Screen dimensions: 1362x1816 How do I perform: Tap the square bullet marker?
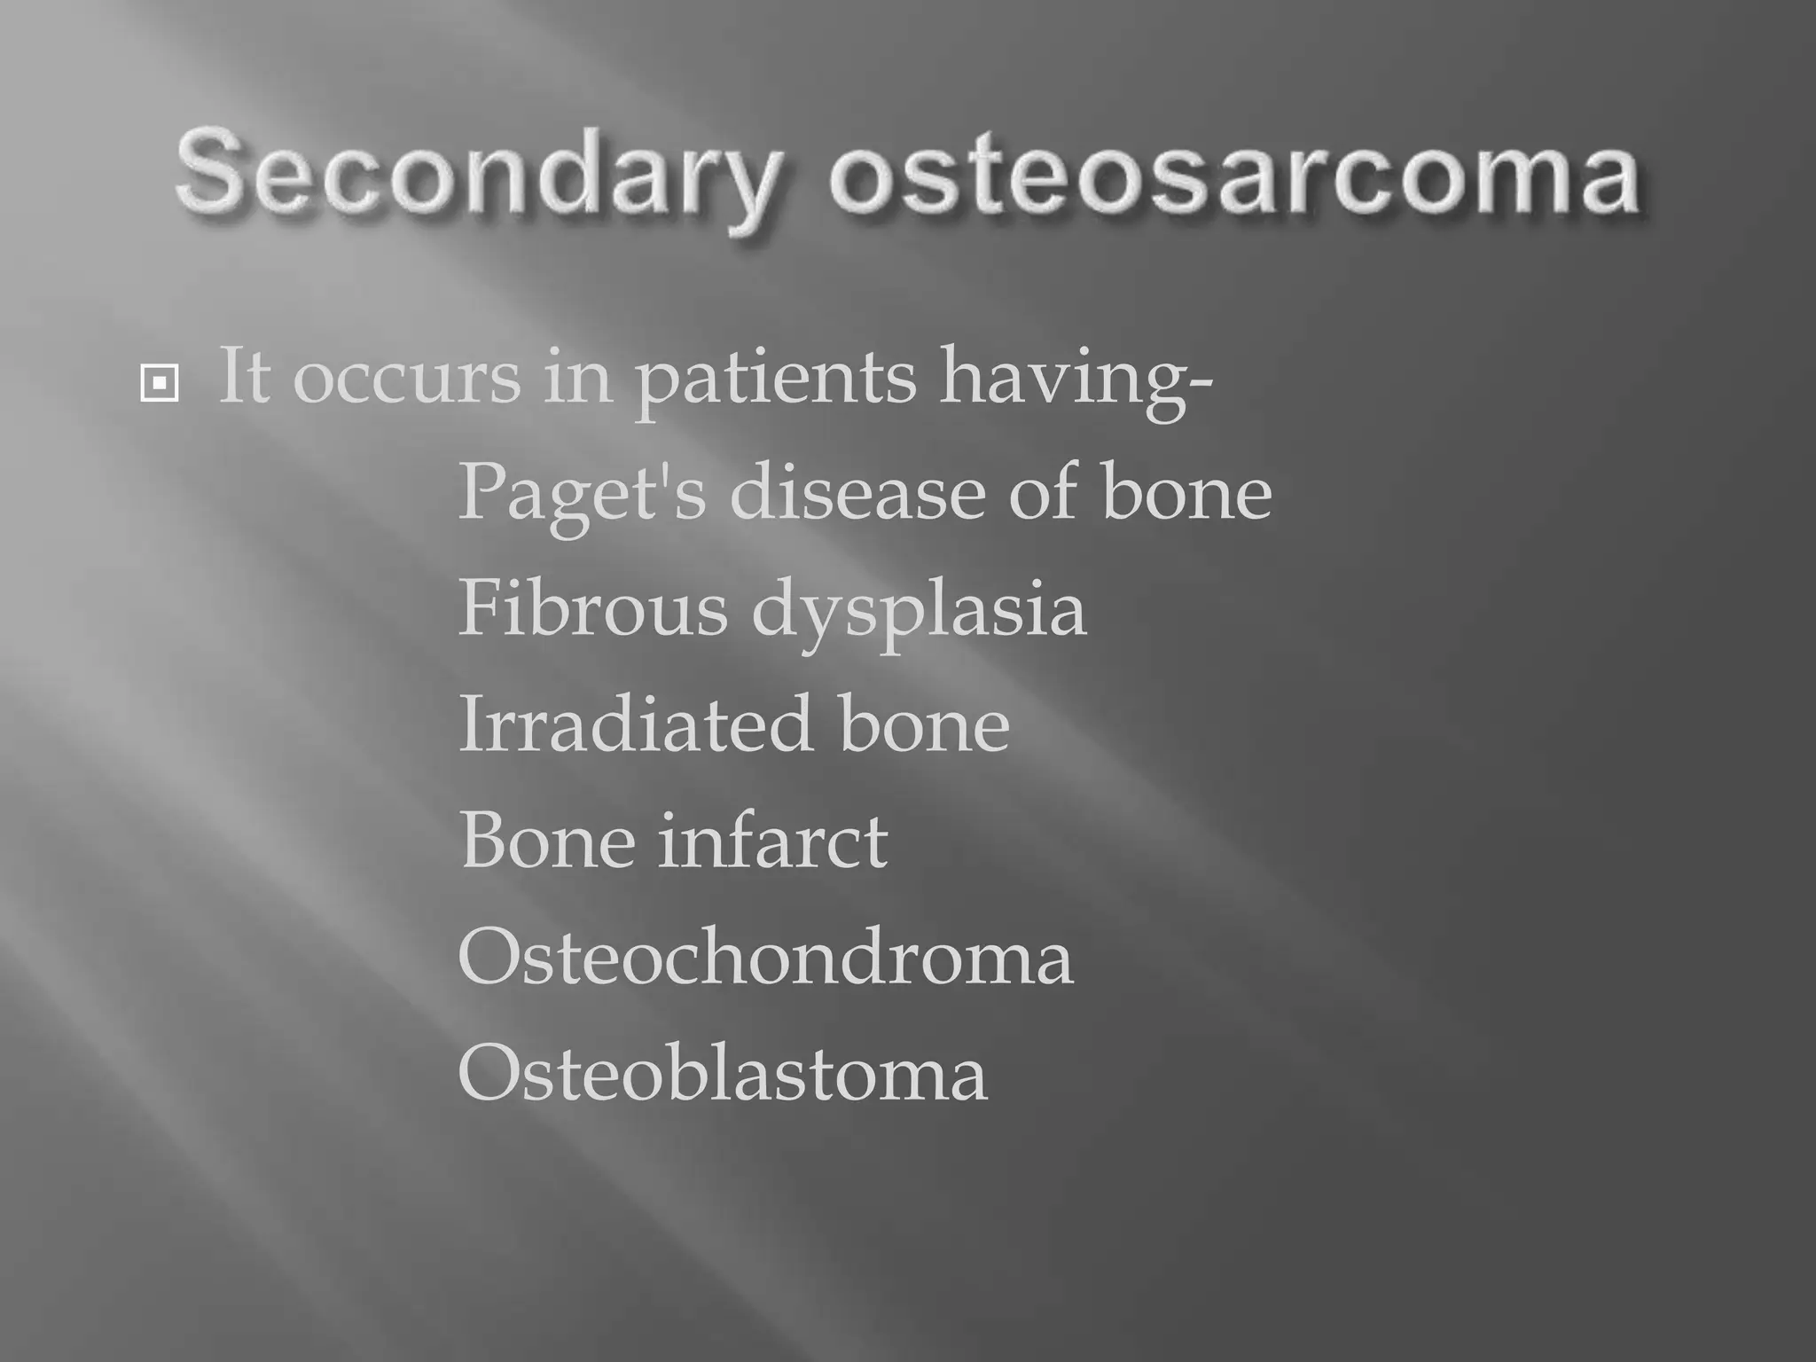159,383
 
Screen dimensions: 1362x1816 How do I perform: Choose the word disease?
857,492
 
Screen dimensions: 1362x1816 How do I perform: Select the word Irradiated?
635,724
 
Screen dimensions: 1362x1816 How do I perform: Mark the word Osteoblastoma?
722,1074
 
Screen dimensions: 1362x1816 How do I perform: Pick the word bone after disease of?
1186,492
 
